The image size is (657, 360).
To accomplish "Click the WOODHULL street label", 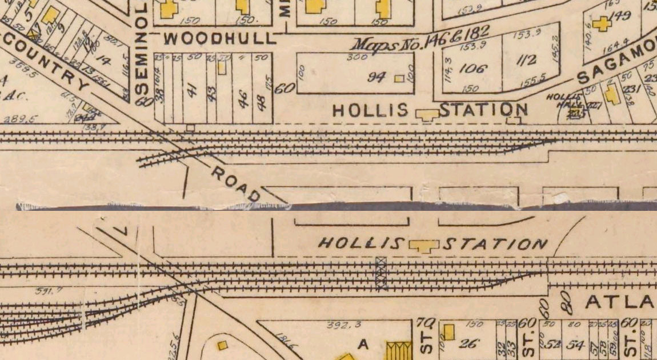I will click(219, 39).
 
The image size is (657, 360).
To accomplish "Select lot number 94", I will click(376, 77).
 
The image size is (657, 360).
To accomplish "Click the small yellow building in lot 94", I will click(400, 78).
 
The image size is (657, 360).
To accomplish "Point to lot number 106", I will click(473, 69).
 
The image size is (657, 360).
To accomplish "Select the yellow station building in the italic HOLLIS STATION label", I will click(423, 246).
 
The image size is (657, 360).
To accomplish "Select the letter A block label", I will click(361, 344).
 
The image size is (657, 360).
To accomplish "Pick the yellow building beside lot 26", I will click(449, 333).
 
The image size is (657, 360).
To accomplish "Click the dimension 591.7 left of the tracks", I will click(49, 291).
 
